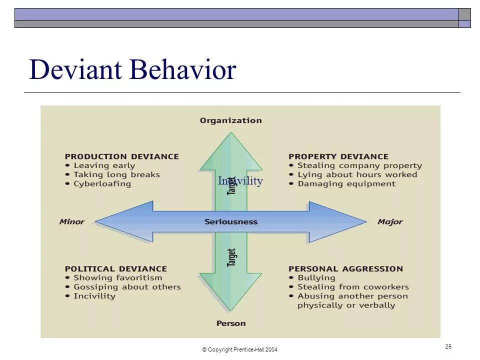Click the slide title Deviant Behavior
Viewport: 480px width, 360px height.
(132, 69)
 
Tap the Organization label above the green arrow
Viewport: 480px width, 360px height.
(230, 120)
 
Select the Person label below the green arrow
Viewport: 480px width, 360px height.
(231, 323)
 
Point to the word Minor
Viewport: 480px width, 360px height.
(72, 221)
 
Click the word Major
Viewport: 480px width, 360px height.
(390, 221)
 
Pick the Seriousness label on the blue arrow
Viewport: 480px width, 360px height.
(231, 221)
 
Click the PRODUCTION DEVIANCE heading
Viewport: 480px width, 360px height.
(121, 156)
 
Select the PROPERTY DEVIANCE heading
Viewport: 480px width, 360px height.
(338, 156)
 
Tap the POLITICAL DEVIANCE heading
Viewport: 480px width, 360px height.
(115, 268)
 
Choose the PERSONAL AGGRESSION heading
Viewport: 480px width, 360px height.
(345, 268)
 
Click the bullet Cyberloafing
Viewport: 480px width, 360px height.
(102, 183)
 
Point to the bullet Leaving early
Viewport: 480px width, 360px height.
(104, 165)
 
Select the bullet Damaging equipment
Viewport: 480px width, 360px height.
(346, 183)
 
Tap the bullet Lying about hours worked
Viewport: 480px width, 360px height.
(357, 174)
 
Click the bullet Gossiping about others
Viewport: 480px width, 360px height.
(127, 287)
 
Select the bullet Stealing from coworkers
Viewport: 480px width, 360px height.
(353, 287)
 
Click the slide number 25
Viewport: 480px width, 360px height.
(448, 346)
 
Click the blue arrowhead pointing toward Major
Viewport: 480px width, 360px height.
(340, 221)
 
